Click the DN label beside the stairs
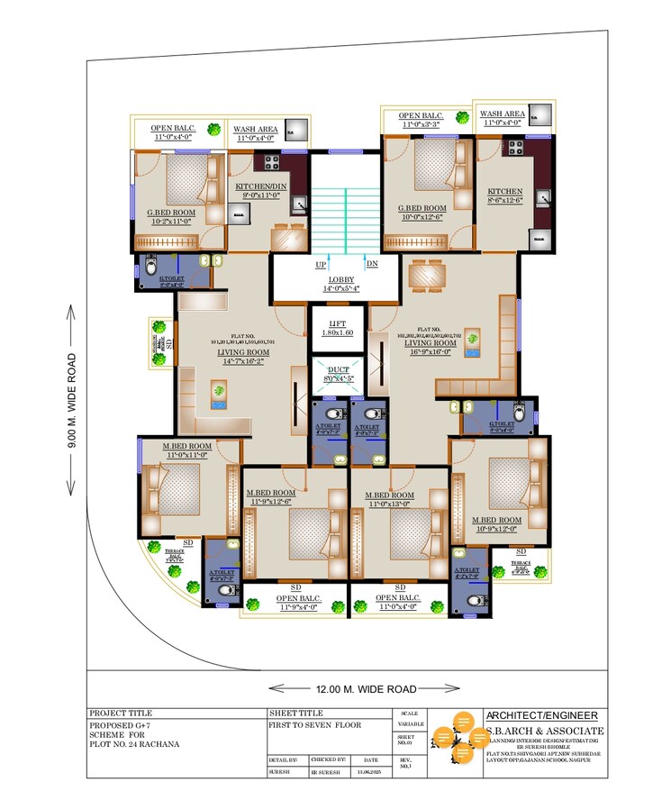point(372,264)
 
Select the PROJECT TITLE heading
point(121,713)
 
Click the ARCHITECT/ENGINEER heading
point(541,715)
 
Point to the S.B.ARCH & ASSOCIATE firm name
point(545,731)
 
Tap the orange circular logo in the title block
point(458,734)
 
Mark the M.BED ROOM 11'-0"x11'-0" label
point(186,451)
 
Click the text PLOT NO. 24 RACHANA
point(134,743)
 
